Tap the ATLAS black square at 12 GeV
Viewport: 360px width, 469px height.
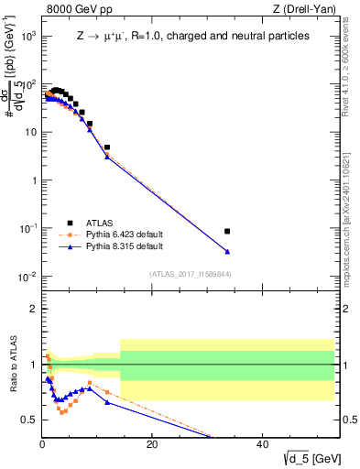click(107, 147)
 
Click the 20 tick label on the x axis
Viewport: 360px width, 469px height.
click(152, 444)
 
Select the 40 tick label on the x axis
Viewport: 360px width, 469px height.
click(262, 444)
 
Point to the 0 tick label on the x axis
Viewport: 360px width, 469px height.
click(42, 444)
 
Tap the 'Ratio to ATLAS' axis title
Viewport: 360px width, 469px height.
click(13, 365)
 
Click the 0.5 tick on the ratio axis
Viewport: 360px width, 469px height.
click(30, 420)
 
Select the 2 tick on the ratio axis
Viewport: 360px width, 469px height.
click(34, 309)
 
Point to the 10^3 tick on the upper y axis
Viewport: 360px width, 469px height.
click(29, 36)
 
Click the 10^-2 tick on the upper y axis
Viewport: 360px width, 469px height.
click(29, 276)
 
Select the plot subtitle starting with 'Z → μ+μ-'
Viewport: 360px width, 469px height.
click(192, 36)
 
